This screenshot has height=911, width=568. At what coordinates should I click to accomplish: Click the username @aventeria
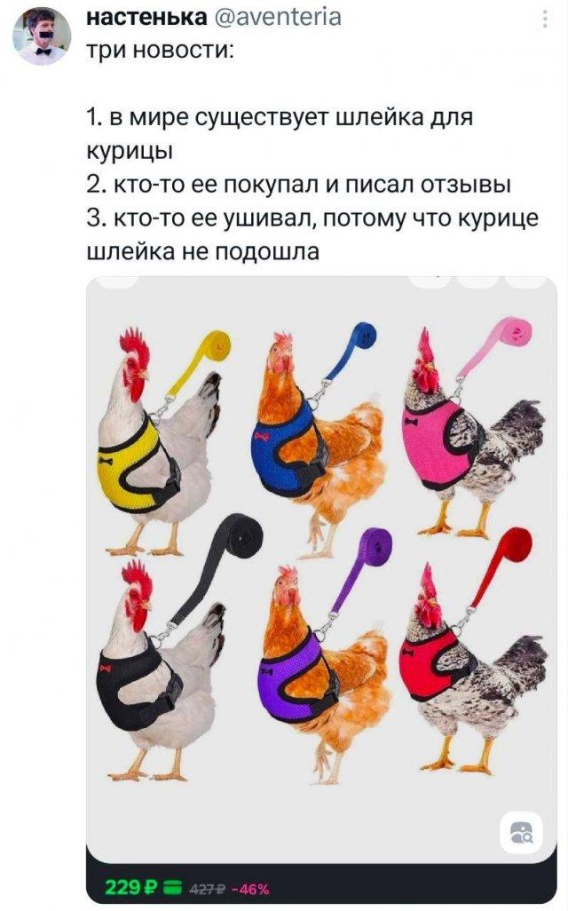pyautogui.click(x=277, y=17)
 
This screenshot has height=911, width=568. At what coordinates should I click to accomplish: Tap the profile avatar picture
pyautogui.click(x=41, y=37)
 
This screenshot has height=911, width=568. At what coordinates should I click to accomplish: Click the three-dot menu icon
pyautogui.click(x=545, y=20)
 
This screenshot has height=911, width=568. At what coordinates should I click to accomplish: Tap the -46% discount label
pyautogui.click(x=250, y=889)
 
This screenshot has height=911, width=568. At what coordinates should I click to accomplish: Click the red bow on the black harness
pyautogui.click(x=105, y=668)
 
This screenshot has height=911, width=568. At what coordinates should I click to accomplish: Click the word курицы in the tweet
pyautogui.click(x=130, y=152)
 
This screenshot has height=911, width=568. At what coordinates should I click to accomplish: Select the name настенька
pyautogui.click(x=146, y=17)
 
